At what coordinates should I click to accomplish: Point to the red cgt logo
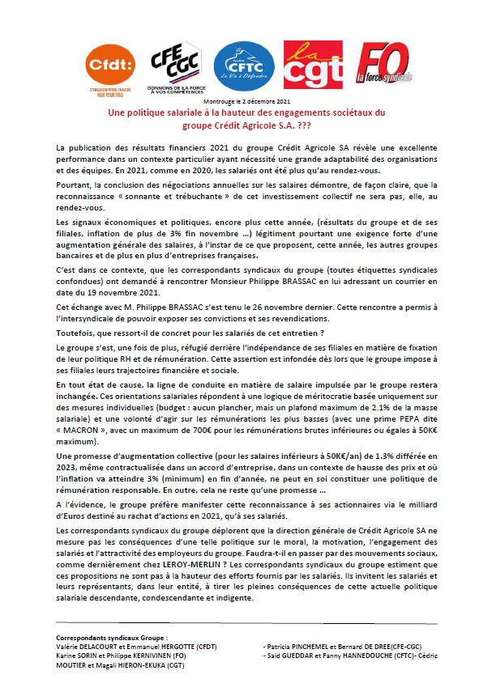tap(307, 66)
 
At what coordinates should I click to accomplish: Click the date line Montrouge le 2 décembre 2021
tap(246, 101)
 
